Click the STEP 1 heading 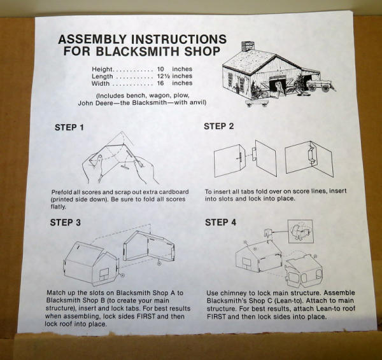coord(69,128)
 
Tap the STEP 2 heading coord(219,127)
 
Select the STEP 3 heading coord(66,223)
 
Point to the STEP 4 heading coord(220,222)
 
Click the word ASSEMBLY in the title coord(92,39)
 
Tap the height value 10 coord(160,69)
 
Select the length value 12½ coord(163,76)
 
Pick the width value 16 coord(160,83)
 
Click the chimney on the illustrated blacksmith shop coord(248,46)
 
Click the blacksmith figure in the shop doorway coord(279,88)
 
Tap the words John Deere coord(95,103)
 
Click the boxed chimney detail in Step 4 coord(300,232)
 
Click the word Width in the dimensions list coord(101,83)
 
